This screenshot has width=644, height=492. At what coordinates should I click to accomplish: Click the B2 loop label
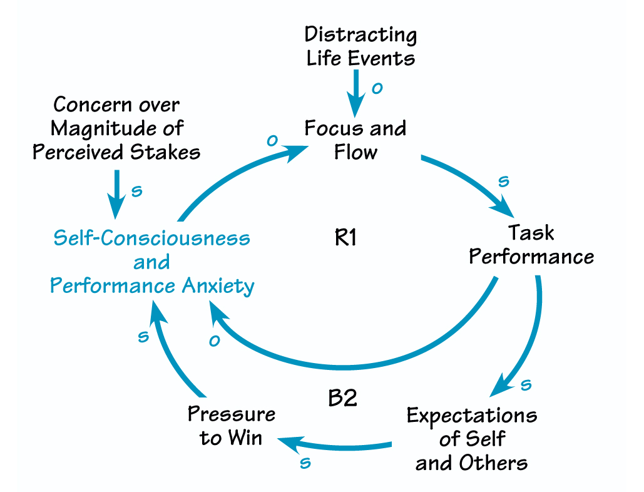pos(343,399)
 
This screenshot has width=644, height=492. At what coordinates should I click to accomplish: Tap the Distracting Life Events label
pos(360,46)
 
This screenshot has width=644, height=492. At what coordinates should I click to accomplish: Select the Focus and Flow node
pos(355,140)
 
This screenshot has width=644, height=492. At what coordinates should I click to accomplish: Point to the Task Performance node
pos(531,244)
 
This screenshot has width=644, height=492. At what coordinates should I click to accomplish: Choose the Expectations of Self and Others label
pos(471,439)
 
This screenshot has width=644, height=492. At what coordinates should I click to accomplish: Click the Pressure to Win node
pos(232,426)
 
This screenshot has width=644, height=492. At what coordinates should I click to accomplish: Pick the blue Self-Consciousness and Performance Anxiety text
pos(152,262)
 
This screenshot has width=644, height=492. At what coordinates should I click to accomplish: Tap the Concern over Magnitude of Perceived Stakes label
pos(116,128)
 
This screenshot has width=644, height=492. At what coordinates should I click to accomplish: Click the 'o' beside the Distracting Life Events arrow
pos(376,89)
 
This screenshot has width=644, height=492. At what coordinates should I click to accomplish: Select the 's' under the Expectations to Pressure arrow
pos(305,463)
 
